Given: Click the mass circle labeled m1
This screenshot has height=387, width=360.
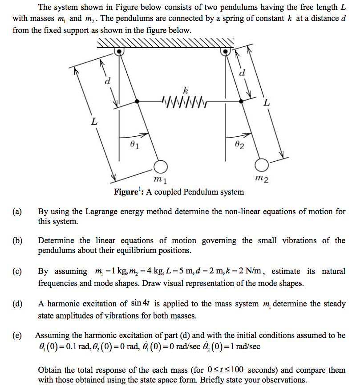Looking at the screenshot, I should (x=161, y=167).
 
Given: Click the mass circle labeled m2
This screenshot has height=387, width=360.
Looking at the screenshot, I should (x=263, y=165).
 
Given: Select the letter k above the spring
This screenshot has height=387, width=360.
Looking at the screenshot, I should (x=179, y=91).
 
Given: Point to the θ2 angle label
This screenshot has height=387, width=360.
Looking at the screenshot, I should (x=239, y=145).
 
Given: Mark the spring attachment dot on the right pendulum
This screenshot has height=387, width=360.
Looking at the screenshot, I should (x=241, y=102).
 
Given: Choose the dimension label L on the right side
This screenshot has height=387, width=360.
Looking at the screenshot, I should (x=267, y=103).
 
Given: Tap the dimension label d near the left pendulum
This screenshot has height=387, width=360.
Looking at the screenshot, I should (x=107, y=81).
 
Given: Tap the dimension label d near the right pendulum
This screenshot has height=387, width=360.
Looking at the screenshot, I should (x=242, y=73).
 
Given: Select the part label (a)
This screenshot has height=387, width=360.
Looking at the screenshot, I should (x=18, y=212).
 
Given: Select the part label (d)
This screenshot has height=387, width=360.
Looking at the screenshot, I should (x=18, y=304).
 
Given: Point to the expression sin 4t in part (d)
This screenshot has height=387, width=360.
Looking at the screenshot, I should (x=142, y=304).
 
